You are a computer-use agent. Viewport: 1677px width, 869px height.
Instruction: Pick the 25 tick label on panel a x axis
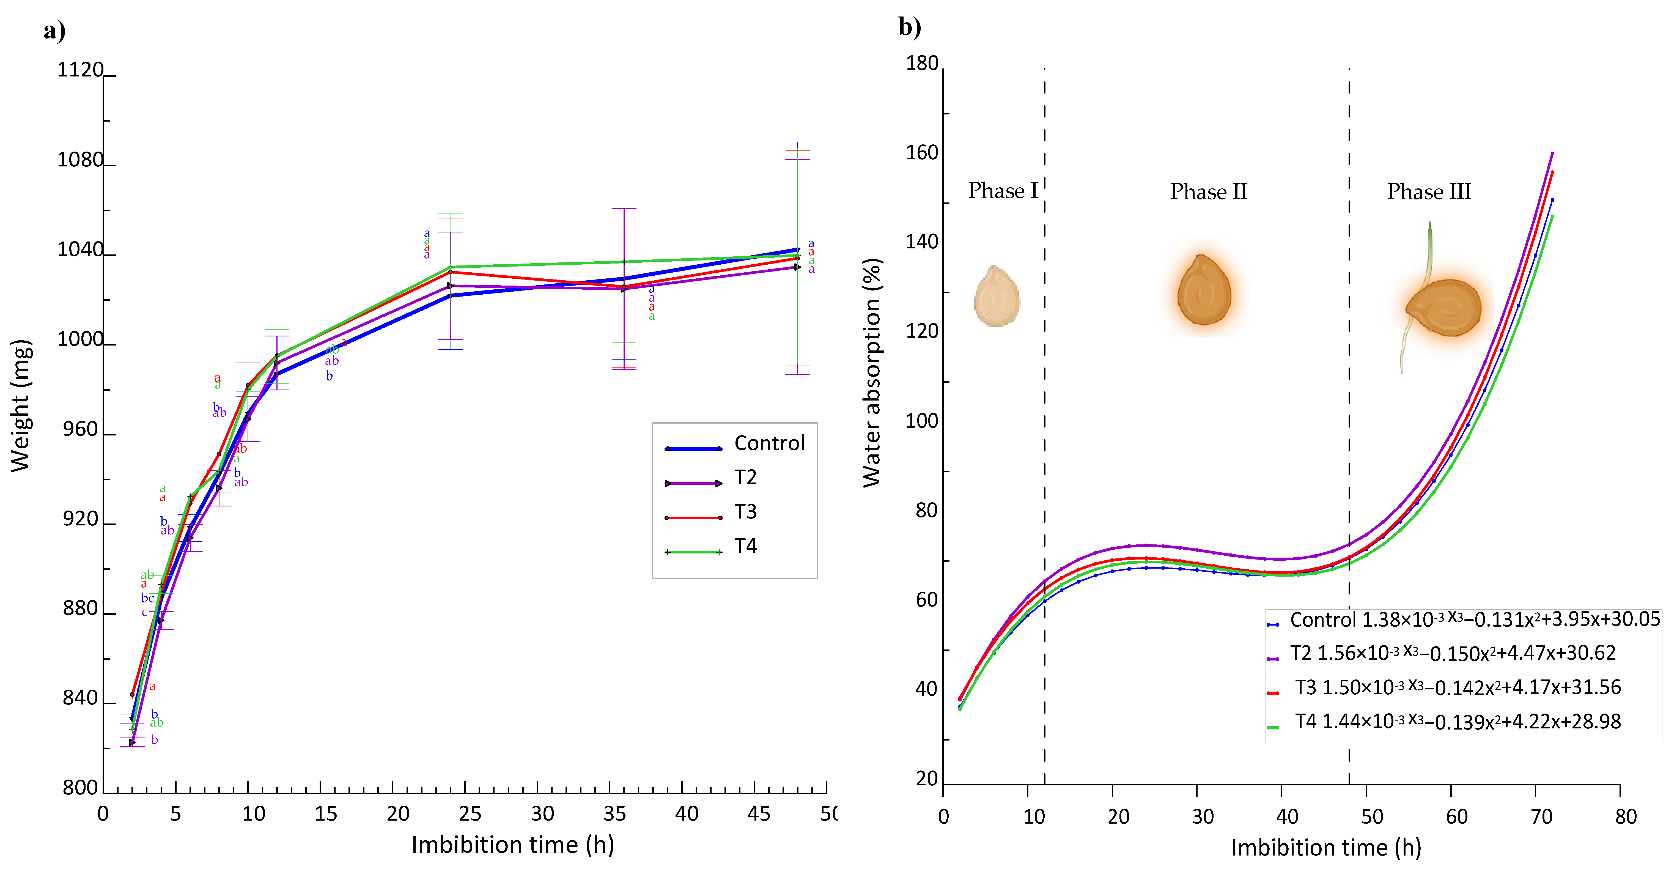470,814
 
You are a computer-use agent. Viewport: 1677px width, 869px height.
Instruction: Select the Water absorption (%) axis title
872,372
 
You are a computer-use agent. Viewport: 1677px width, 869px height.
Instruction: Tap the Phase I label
1003,191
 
